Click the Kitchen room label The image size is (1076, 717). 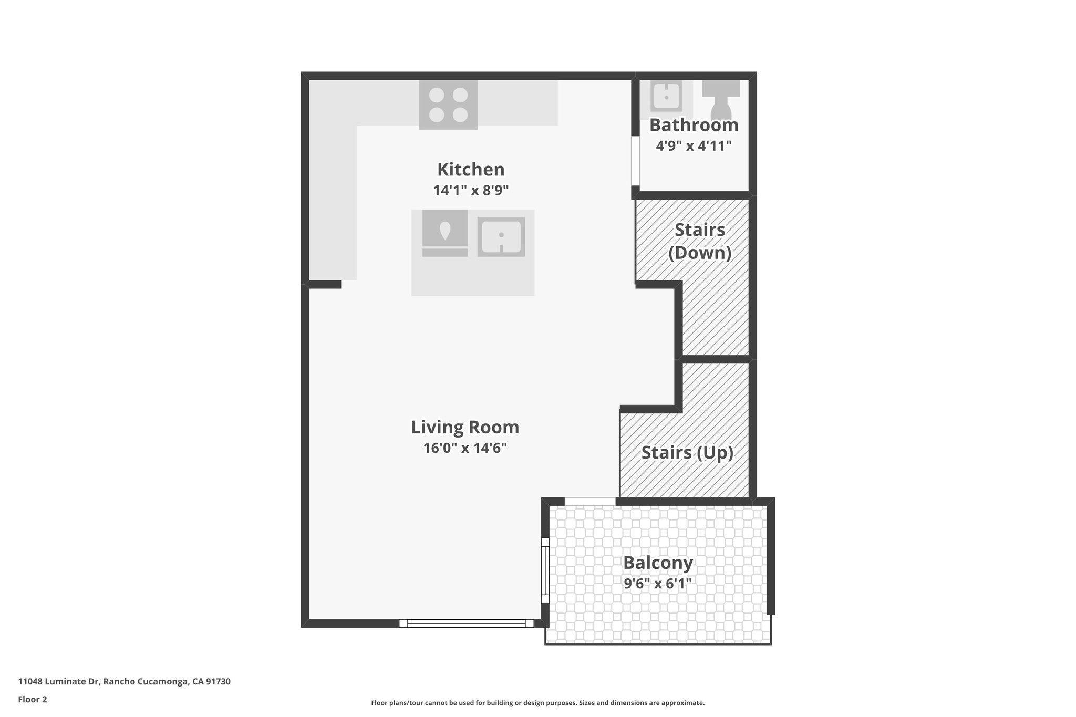(471, 170)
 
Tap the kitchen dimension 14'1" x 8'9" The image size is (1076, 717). (471, 190)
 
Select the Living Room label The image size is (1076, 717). (465, 427)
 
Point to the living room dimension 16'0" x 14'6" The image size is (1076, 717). (465, 448)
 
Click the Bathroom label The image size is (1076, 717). (694, 126)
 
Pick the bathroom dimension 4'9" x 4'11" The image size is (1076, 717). (694, 146)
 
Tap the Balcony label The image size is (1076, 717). (658, 563)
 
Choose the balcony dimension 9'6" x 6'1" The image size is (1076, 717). (658, 584)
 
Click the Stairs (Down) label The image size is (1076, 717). (700, 241)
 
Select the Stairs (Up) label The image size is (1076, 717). (687, 452)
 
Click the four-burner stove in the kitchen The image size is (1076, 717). (448, 105)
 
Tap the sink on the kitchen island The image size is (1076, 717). (501, 236)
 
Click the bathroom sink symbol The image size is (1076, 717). (666, 98)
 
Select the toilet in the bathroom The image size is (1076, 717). (721, 100)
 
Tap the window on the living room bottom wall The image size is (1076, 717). (466, 624)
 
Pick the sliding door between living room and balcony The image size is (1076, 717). (545, 570)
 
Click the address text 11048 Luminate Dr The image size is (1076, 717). (124, 682)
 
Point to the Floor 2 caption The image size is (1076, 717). (33, 699)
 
